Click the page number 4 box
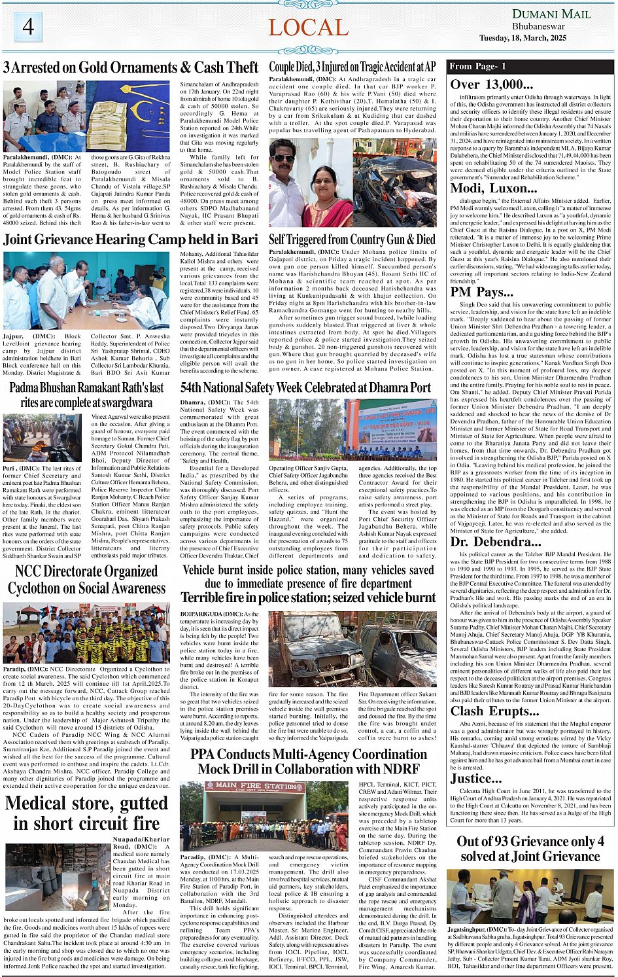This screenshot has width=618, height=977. click(x=27, y=26)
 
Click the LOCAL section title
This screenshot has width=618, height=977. click(x=308, y=27)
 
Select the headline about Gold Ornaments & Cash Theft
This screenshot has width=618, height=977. click(x=131, y=67)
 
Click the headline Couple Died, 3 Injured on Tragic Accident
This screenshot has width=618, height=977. click(x=352, y=67)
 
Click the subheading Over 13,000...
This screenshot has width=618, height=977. click(x=491, y=84)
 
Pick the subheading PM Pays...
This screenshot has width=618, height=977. click(x=481, y=292)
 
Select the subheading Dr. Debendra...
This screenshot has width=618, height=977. click(x=496, y=542)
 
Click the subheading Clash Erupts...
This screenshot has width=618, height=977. click(x=494, y=711)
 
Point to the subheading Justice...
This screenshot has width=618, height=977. click(x=475, y=778)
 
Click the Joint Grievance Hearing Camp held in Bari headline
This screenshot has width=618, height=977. click(x=131, y=240)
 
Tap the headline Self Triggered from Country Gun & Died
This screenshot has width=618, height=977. click(x=352, y=240)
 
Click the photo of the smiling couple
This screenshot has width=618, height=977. click(x=311, y=182)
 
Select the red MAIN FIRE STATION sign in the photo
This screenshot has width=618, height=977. click(x=255, y=785)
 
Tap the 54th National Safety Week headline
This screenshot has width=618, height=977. click(x=305, y=387)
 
